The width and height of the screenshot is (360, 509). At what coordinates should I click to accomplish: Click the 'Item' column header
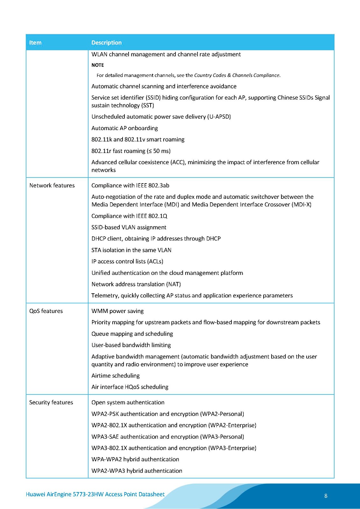tap(35, 43)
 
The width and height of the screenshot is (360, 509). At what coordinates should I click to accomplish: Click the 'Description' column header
tap(106, 43)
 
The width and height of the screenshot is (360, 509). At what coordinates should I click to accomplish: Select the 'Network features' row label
tap(52, 185)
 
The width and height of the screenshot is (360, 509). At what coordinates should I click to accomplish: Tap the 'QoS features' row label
tap(46, 311)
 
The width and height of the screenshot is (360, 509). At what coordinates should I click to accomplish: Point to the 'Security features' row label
tap(51, 402)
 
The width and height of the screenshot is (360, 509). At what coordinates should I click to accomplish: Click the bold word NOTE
tap(98, 65)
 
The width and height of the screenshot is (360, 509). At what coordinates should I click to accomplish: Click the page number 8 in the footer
tap(326, 496)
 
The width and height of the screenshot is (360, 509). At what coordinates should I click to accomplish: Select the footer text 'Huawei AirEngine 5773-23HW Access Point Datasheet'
tap(95, 494)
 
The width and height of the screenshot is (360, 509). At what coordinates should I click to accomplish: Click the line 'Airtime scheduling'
tap(116, 376)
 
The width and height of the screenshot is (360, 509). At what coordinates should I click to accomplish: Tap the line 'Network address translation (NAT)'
tap(136, 284)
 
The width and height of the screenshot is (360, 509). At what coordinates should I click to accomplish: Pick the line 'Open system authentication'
tap(128, 402)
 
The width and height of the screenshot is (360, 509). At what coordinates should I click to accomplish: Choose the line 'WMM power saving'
tap(117, 311)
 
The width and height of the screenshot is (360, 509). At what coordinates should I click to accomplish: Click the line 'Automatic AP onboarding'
tap(124, 128)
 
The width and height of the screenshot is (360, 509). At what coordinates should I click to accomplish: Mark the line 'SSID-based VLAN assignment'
tap(129, 227)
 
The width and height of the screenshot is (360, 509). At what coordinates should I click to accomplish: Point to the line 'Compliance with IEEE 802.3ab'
tap(130, 185)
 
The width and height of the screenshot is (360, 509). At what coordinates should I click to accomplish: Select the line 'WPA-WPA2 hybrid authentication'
tap(135, 459)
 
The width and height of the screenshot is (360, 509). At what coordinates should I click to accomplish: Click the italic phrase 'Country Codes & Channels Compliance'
tap(236, 75)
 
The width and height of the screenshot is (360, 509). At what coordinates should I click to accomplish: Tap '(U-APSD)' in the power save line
tap(219, 117)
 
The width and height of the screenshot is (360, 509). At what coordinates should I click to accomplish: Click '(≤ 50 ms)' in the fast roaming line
tap(159, 151)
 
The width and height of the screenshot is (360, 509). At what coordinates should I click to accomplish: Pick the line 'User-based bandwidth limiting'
tap(131, 345)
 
